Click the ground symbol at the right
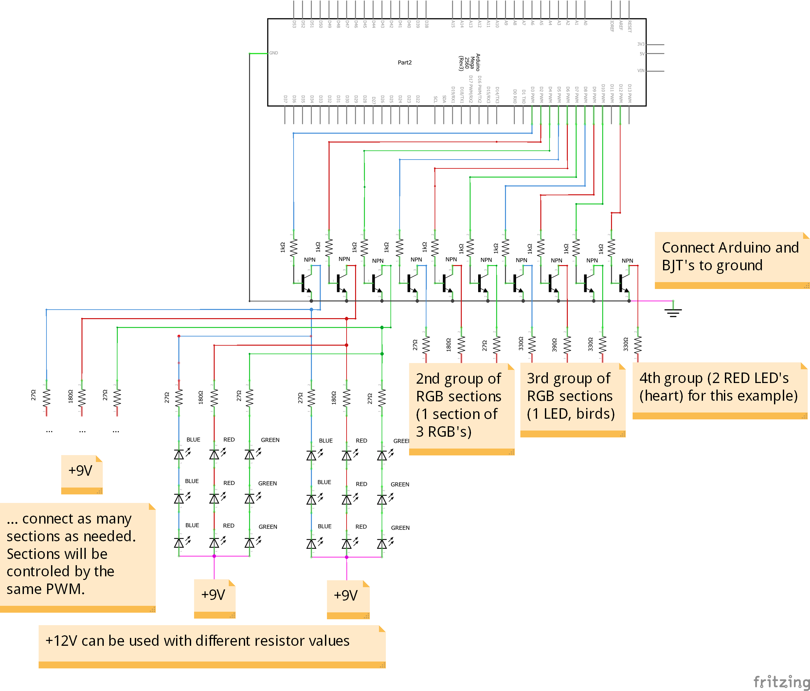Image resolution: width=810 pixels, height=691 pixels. pyautogui.click(x=673, y=313)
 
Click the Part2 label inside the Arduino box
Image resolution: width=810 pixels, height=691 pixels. pyautogui.click(x=405, y=63)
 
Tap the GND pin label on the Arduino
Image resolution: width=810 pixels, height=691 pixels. pyautogui.click(x=274, y=53)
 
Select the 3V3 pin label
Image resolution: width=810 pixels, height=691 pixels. pyautogui.click(x=641, y=44)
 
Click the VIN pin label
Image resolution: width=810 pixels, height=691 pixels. pyautogui.click(x=641, y=71)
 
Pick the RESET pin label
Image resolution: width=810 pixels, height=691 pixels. pyautogui.click(x=629, y=27)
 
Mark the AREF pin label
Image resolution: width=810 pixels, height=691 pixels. pyautogui.click(x=621, y=26)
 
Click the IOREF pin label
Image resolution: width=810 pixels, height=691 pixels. pyautogui.click(x=612, y=26)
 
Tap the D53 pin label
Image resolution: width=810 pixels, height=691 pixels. pyautogui.click(x=294, y=24)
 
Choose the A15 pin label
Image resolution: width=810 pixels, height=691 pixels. pyautogui.click(x=453, y=24)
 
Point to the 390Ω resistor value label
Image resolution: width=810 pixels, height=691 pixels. pyautogui.click(x=554, y=345)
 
